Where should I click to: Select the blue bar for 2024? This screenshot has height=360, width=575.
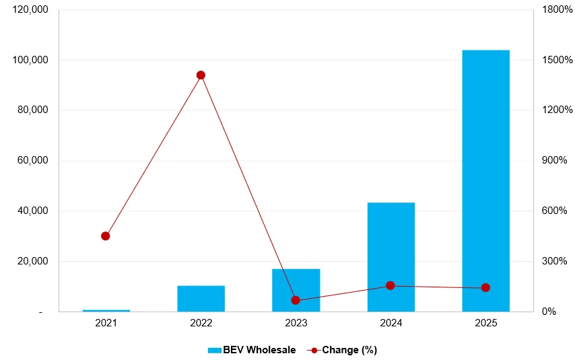391,256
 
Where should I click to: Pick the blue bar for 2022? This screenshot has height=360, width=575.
201,298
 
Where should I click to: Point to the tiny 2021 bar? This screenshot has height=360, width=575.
106,310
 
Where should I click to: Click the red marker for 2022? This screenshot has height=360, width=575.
201,75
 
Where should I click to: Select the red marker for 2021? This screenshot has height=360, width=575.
106,236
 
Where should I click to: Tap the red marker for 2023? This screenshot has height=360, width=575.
296,300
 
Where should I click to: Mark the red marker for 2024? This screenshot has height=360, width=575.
391,286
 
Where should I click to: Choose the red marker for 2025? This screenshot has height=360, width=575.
485,288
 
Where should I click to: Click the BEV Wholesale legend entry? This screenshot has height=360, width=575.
251,350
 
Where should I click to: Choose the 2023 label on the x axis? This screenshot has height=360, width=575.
296,324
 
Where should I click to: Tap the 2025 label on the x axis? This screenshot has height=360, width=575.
485,324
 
